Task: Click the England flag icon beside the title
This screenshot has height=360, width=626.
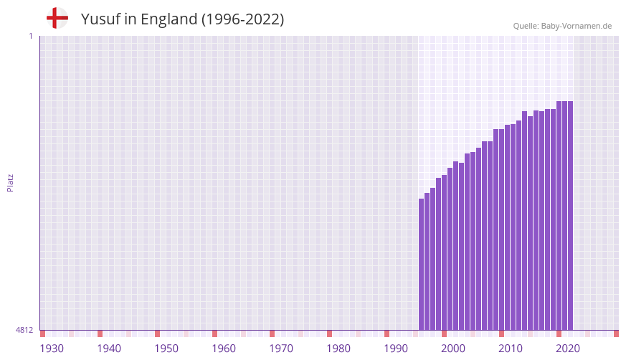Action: pos(57,18)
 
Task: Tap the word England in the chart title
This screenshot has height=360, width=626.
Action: pos(168,19)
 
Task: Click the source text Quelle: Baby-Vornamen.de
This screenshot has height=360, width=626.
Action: pos(562,26)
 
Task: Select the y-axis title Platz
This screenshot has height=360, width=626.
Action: pos(10,182)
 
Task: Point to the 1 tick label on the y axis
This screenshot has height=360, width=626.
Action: pos(30,36)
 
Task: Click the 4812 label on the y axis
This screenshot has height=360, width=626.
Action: pos(24,330)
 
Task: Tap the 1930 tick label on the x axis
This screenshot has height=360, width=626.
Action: pos(52,349)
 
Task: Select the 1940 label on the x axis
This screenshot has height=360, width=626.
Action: pos(109,349)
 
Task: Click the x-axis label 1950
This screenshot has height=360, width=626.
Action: pos(166,349)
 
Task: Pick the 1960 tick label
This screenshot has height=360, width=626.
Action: pos(224,349)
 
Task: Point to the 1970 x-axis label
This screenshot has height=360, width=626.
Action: pos(281,349)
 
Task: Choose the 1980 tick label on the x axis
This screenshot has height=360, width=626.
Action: pos(338,349)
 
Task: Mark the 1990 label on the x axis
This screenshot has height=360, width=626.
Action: pos(396,349)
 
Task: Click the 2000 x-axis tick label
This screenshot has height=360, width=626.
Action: pos(453,349)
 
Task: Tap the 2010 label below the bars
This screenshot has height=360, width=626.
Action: pos(511,349)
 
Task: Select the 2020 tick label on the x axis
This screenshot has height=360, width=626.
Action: pos(568,349)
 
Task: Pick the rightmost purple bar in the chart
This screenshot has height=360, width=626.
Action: pos(570,215)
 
